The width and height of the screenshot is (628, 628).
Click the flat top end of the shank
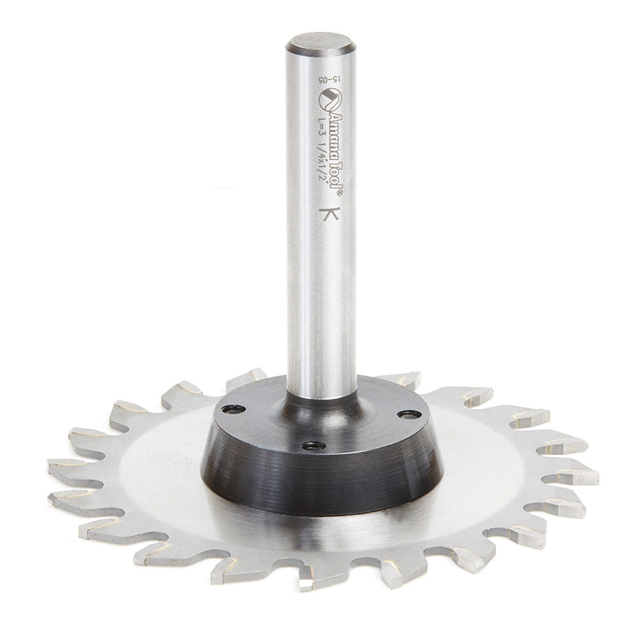tap(320, 43)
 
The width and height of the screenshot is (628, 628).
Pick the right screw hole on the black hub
tap(410, 414)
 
